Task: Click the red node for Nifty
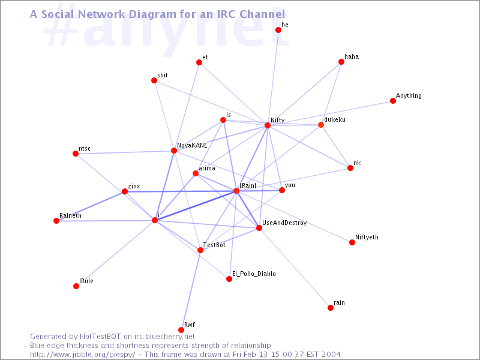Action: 268,125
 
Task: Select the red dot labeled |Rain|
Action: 236,191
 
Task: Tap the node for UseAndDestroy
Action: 259,228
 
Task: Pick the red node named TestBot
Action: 200,250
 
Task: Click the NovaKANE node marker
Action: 174,151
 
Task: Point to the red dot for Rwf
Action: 181,330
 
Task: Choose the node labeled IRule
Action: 76,286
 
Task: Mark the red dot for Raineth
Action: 56,221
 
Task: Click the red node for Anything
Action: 393,101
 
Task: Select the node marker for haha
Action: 341,62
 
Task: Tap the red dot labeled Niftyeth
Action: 352,242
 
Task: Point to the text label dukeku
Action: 335,120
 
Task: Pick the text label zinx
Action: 134,187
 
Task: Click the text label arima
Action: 206,169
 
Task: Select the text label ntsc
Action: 85,148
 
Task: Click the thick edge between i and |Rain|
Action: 196,206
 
